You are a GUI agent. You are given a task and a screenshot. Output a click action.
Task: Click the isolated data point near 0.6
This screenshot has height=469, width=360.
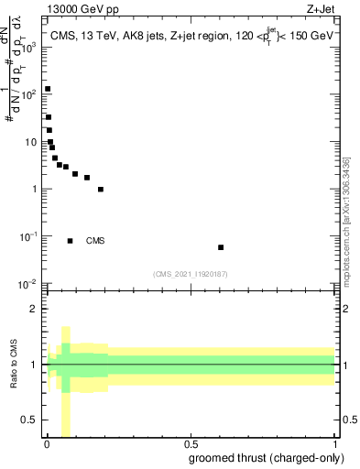[221, 247]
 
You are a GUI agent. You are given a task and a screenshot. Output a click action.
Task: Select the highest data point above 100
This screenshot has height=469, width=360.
[48, 89]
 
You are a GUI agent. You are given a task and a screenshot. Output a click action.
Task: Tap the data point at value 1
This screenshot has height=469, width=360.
[101, 190]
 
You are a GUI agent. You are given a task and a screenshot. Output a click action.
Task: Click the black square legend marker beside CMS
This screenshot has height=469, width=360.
[71, 241]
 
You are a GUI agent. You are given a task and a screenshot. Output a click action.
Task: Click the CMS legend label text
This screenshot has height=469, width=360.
[95, 241]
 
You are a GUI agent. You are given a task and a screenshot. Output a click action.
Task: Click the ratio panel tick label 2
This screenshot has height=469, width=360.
[34, 309]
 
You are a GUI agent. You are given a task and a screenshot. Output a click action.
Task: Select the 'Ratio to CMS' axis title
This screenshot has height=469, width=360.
[14, 365]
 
